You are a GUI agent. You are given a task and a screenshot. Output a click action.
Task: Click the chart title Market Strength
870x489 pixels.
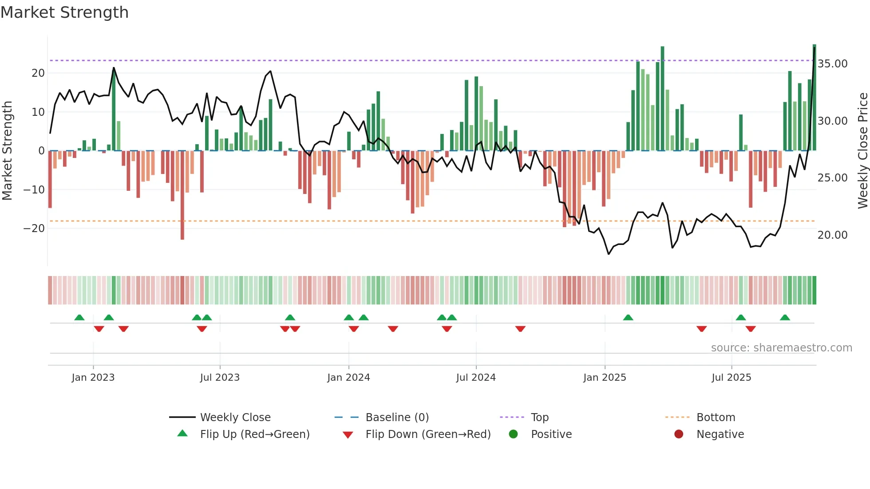pyautogui.click(x=64, y=12)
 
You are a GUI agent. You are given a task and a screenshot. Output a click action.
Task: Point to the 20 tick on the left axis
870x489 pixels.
pyautogui.click(x=38, y=73)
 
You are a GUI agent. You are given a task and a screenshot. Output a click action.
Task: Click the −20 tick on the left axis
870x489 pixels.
pyautogui.click(x=34, y=229)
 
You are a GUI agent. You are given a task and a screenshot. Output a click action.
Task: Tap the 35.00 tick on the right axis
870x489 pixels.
pyautogui.click(x=832, y=64)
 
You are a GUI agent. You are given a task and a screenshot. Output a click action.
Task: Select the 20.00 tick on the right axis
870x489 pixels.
pyautogui.click(x=832, y=235)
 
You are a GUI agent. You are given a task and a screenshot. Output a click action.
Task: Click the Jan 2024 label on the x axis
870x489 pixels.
pyautogui.click(x=348, y=378)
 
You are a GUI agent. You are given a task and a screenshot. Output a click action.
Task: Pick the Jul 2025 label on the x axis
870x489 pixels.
pyautogui.click(x=731, y=378)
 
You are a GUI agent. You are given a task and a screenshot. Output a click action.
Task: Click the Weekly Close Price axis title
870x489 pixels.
pyautogui.click(x=862, y=151)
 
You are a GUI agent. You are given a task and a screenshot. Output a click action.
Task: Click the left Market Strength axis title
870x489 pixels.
pyautogui.click(x=7, y=151)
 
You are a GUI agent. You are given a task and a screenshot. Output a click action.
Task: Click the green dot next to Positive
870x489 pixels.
pyautogui.click(x=513, y=434)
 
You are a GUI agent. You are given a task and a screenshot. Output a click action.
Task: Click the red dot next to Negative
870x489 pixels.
pyautogui.click(x=679, y=434)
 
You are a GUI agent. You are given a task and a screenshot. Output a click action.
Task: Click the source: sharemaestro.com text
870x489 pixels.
pyautogui.click(x=781, y=348)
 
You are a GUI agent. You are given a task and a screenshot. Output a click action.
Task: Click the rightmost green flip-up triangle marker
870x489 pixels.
pyautogui.click(x=785, y=318)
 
